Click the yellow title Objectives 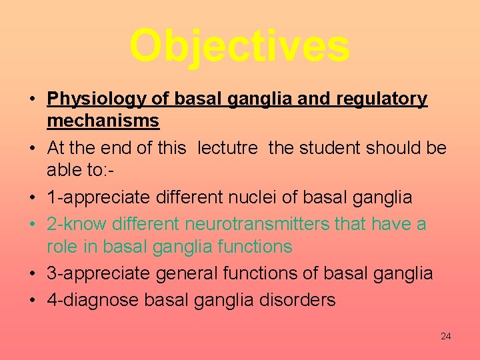239,45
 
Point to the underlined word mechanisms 103,121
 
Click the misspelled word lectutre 227,147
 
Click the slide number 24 445,336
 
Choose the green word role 62,247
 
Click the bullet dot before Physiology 32,100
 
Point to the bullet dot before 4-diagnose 32,301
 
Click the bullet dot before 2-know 32,225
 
